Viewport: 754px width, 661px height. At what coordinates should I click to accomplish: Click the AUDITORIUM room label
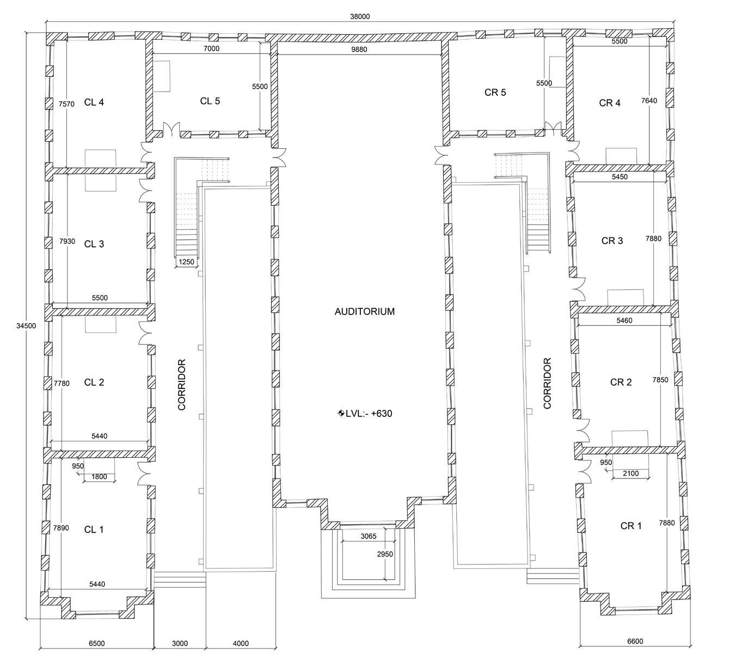[364, 312]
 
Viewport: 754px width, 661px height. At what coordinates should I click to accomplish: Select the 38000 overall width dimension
[360, 16]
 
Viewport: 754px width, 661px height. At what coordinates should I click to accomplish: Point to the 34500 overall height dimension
[26, 326]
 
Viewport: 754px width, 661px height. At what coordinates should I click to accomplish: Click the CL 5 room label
[210, 101]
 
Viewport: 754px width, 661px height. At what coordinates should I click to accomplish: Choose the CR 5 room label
[495, 93]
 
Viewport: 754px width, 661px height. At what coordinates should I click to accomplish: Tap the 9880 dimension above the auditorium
[359, 50]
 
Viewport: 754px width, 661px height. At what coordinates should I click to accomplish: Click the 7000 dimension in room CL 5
[211, 48]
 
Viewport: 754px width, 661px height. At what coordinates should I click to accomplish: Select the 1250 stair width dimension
[186, 262]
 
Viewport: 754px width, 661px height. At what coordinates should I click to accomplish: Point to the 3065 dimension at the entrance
[368, 536]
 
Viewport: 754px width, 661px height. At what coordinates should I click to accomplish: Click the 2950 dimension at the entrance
[385, 554]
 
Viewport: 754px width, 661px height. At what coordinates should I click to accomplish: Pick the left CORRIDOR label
[182, 385]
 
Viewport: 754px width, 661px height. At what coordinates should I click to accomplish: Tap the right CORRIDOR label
[547, 383]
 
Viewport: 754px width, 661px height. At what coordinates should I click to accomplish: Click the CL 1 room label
[94, 530]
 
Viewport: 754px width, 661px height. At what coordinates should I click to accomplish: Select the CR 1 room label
[630, 526]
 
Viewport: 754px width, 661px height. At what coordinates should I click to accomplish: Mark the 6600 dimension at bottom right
[635, 652]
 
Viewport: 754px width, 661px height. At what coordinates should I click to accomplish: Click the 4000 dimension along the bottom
[241, 654]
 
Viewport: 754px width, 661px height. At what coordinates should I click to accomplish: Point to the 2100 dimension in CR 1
[630, 474]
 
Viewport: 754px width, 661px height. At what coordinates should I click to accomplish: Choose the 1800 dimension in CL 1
[99, 477]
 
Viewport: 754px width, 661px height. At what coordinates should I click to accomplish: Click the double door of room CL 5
[171, 129]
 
